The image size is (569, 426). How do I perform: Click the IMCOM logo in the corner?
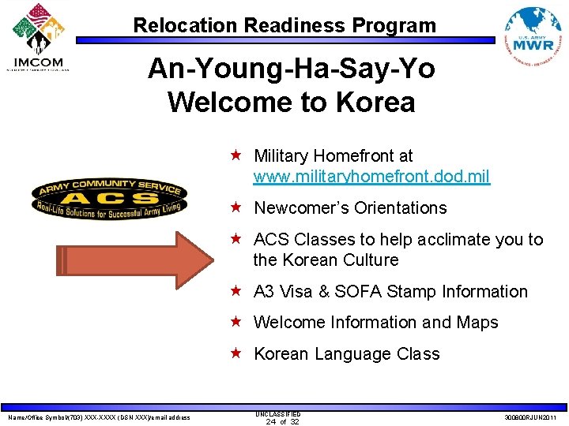tap(38, 37)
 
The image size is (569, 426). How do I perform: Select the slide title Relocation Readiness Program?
tap(284, 25)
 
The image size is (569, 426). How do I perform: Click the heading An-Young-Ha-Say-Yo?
tap(291, 69)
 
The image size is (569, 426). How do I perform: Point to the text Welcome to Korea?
tap(291, 102)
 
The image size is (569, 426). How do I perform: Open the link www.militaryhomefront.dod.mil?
tap(371, 177)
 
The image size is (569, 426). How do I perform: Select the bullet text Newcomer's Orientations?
tap(349, 208)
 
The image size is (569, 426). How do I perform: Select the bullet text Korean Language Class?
tap(346, 354)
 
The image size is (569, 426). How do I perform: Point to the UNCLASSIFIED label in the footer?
tap(277, 413)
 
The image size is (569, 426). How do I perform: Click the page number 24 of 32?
tap(277, 421)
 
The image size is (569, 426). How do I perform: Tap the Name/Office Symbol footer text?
tap(99, 417)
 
